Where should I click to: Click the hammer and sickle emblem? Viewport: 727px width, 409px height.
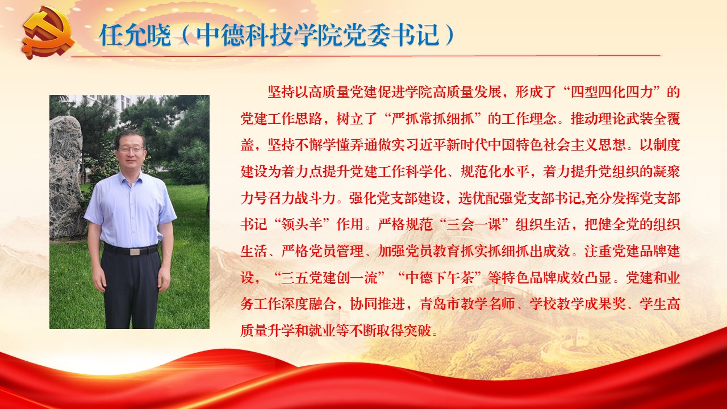click(49, 34)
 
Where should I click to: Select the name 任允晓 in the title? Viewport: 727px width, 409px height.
click(135, 35)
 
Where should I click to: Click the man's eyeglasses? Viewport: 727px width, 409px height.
click(131, 149)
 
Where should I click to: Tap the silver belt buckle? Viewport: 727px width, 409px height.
click(135, 252)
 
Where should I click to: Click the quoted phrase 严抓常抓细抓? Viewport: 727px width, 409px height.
click(433, 119)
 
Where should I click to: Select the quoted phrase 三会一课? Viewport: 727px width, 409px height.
click(474, 224)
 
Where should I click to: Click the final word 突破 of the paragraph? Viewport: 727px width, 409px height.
click(417, 331)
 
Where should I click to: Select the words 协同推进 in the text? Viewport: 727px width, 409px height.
click(378, 304)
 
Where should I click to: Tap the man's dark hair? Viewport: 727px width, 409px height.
click(131, 136)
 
